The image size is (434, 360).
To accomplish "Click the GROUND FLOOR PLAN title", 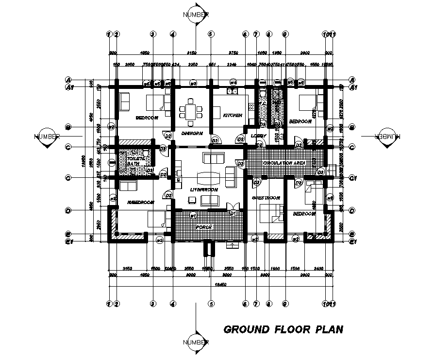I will pos(283,329).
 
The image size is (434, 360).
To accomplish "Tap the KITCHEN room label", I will pos(232,116).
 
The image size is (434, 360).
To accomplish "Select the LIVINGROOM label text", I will pos(204,189).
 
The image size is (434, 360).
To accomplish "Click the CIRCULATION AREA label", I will pos(284,163).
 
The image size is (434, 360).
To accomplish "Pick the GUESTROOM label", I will pos(266,198).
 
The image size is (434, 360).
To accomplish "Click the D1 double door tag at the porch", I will pos(233,213).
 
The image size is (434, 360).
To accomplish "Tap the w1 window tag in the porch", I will pos(193,215).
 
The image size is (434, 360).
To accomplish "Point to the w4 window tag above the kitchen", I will pos(233,82).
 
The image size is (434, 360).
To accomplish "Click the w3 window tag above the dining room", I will pos(193,84).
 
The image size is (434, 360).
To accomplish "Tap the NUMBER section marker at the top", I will pos(196,15).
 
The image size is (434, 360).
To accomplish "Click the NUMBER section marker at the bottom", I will pos(196,343).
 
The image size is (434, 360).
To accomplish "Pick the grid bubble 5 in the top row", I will pos(211,34).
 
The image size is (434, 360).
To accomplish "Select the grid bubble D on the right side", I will pos(353,211).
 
